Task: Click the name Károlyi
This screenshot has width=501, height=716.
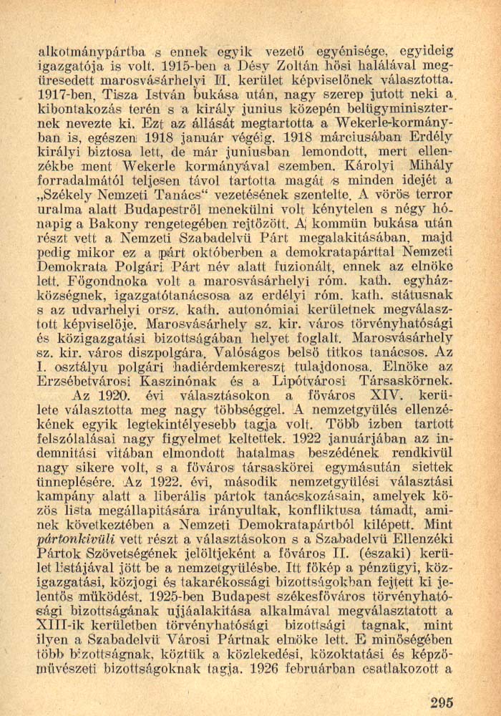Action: pos(391,167)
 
